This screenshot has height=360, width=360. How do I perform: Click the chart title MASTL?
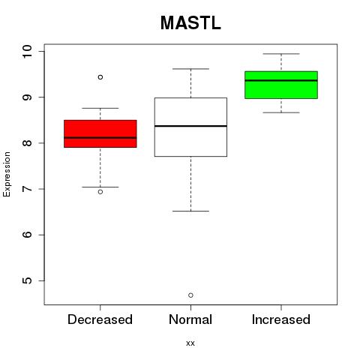click(190, 23)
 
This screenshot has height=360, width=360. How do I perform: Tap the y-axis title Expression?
click(7, 174)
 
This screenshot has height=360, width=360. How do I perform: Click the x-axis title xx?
click(190, 343)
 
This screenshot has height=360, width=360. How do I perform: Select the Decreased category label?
click(100, 319)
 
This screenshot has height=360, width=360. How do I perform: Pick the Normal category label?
click(190, 319)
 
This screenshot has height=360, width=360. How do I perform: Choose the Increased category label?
click(281, 319)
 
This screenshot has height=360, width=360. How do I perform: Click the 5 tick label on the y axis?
click(28, 280)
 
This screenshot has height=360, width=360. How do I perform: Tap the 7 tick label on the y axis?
click(28, 189)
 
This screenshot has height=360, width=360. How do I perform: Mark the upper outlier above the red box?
click(100, 77)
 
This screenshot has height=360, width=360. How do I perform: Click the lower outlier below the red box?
click(100, 192)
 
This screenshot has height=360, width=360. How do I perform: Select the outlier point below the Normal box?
click(190, 295)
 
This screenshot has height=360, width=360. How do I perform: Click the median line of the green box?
click(281, 80)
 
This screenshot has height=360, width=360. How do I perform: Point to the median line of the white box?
click(190, 126)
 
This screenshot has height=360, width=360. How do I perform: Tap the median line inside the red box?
click(100, 138)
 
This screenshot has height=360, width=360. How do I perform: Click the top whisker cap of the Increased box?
click(281, 54)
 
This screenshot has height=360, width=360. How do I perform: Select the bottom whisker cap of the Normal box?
click(190, 211)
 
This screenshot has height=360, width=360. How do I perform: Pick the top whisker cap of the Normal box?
click(190, 69)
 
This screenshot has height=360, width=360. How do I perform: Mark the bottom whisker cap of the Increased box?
click(281, 112)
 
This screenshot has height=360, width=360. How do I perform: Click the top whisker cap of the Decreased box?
click(100, 108)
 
